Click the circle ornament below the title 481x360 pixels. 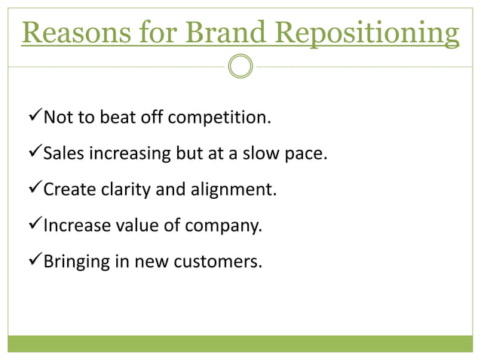pyautogui.click(x=240, y=66)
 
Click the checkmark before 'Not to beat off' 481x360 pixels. pyautogui.click(x=33, y=117)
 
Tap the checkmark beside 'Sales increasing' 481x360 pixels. pyautogui.click(x=33, y=154)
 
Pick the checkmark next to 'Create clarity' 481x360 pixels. pyautogui.click(x=33, y=190)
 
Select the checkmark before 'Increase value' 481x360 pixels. pyautogui.click(x=33, y=226)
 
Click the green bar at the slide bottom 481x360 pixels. pyautogui.click(x=240, y=343)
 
